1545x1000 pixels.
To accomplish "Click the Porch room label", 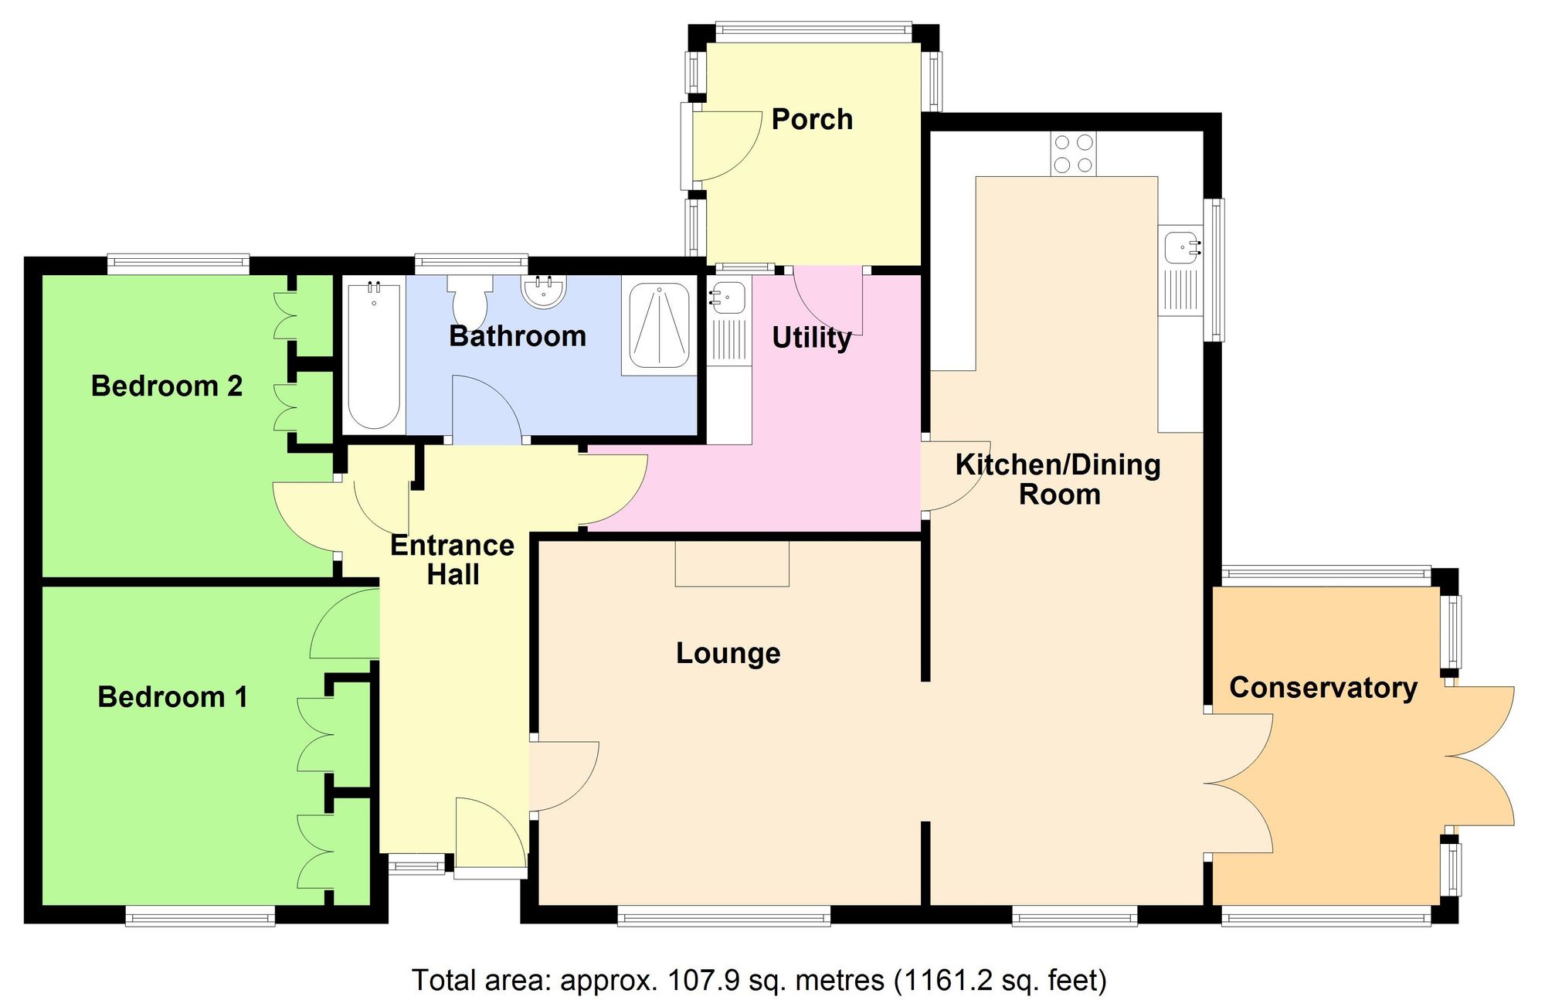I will point(812,120).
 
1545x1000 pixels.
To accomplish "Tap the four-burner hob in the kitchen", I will point(1073,154).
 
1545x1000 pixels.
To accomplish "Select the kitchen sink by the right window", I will point(1183,247).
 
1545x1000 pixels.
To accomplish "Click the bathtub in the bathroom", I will point(374,356).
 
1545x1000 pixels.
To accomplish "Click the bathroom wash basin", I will point(545,291).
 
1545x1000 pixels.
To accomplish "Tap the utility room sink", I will point(728,298).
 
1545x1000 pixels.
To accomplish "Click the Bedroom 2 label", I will point(167,386).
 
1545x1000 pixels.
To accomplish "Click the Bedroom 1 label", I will point(172,697).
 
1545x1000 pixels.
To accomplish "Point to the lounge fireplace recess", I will point(732,563).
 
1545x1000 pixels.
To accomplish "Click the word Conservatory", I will point(1323,687).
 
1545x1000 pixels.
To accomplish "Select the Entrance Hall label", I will point(453,560).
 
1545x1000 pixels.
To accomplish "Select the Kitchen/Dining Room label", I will point(1058,479).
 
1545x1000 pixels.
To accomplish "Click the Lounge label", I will point(728,653).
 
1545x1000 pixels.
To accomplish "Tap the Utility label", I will point(811,338).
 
